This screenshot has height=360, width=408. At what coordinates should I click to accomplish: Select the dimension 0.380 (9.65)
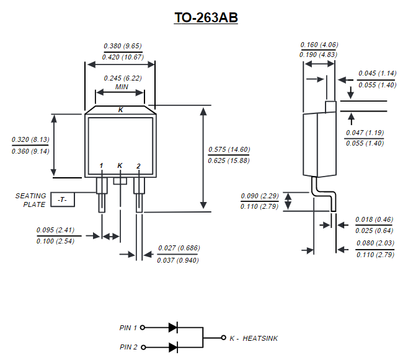click(123, 46)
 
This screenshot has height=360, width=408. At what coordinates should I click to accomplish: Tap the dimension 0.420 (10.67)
click(123, 57)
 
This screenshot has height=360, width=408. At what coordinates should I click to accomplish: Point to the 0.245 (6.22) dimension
click(122, 78)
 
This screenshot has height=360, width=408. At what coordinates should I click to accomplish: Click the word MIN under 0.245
click(122, 87)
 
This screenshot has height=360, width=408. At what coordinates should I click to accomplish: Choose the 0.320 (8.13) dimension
click(30, 139)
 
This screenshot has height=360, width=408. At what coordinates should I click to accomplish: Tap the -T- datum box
click(63, 200)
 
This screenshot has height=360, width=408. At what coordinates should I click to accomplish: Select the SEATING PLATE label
click(31, 200)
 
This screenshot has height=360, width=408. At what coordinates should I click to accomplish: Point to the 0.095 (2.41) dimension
click(56, 230)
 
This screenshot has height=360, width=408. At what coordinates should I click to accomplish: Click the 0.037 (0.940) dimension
click(179, 260)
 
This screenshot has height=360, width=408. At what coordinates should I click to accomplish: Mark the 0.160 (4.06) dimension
click(319, 45)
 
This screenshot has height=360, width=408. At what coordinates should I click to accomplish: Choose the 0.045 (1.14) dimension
click(377, 74)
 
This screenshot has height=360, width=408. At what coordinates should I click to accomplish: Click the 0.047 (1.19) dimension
click(365, 133)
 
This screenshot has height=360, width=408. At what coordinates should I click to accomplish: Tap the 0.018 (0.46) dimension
click(375, 220)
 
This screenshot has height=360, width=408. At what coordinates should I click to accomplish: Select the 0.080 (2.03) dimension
click(375, 244)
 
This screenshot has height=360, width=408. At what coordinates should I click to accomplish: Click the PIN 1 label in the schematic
click(128, 327)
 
